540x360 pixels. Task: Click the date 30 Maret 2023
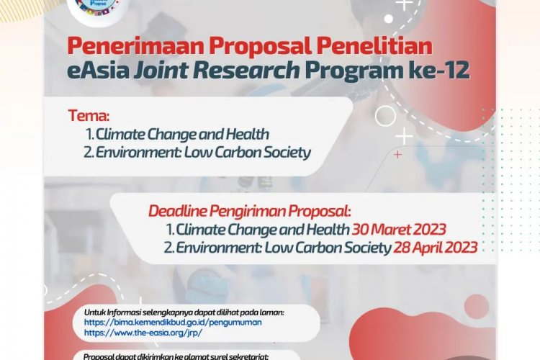399,230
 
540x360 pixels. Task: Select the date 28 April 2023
435,248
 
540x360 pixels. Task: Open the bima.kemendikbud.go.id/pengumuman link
173,323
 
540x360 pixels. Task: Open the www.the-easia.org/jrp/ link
143,333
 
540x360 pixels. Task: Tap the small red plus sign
397,154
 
